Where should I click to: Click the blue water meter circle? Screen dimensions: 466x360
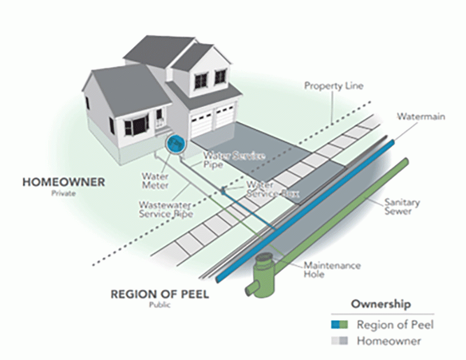175,144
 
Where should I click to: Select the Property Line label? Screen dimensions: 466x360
334,86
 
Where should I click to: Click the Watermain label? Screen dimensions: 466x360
421,116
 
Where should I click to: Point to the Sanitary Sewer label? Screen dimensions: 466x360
402,207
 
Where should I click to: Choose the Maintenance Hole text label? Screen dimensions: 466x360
332,270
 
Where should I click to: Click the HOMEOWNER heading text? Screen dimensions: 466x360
64,182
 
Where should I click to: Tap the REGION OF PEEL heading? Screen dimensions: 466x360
160,294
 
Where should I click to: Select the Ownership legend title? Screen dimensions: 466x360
381,304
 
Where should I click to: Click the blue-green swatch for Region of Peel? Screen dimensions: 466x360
340,324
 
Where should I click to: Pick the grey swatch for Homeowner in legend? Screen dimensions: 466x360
340,340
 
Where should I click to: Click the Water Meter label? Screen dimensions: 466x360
155,181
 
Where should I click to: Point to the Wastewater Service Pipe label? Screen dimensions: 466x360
166,209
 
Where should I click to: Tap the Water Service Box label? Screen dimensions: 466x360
272,189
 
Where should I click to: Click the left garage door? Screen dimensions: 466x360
201,122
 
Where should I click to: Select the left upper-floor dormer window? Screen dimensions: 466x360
201,81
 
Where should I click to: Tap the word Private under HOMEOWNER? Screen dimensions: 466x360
64,193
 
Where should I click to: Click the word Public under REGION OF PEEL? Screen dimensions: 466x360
160,305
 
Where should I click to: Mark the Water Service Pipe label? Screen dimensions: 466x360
234,160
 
